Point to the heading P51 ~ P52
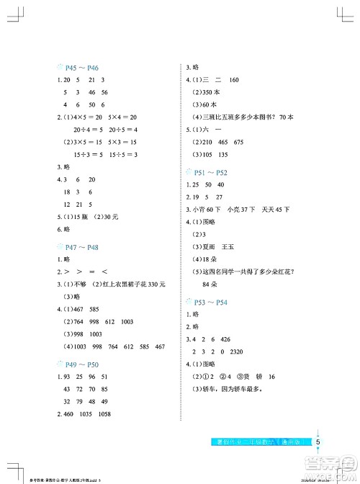[211, 173]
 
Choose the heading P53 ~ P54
[211, 302]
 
